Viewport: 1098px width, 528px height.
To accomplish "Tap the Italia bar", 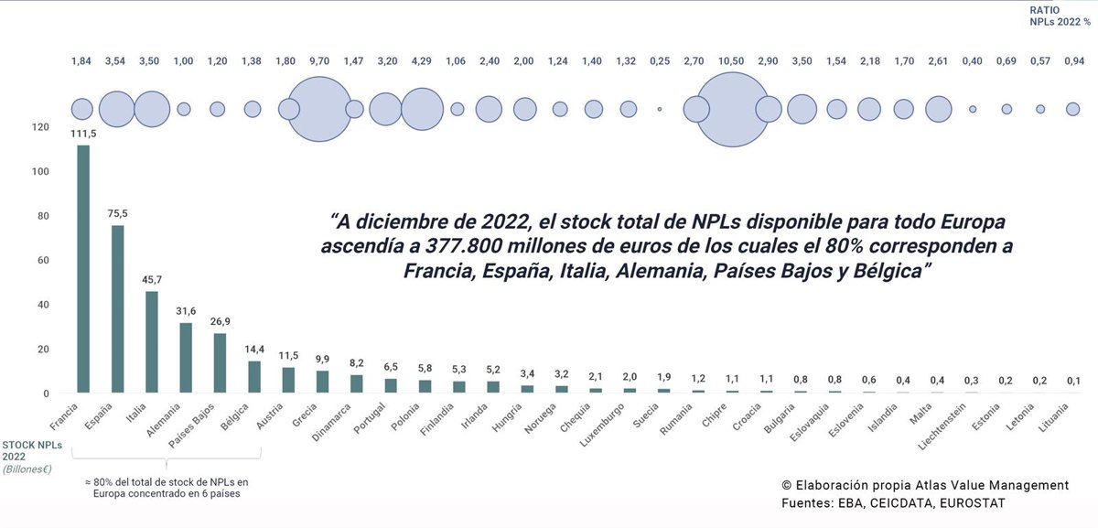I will [152, 342].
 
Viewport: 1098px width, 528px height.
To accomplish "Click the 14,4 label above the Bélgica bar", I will [254, 350].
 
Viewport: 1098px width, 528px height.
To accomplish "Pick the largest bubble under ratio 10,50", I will [732, 109].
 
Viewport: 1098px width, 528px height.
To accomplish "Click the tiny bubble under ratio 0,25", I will [659, 109].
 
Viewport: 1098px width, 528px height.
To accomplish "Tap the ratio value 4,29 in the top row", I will [422, 61].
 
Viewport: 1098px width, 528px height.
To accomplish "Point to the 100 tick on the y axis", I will [39, 172].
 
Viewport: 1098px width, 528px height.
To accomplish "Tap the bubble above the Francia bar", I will [82, 109].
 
